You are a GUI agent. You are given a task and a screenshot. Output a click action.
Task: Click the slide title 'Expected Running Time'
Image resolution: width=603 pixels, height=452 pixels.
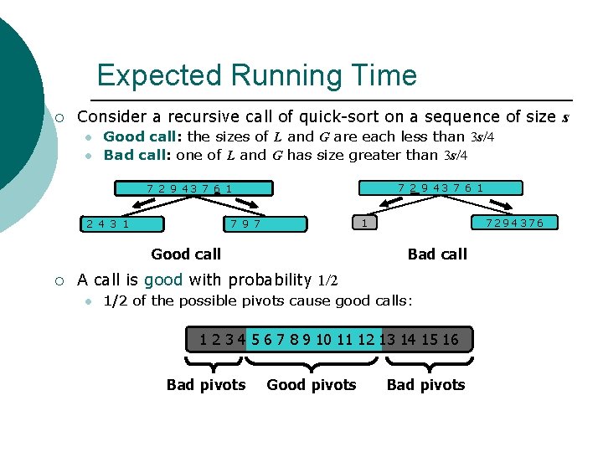(x=256, y=75)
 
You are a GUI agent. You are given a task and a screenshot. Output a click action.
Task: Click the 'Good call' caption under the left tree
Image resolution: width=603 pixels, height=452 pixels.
(x=186, y=254)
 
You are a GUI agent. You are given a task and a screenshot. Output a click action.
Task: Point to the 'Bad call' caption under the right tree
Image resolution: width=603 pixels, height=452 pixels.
(x=437, y=254)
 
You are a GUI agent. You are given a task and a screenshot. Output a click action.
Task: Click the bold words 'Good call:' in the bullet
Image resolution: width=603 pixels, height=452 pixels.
(x=143, y=136)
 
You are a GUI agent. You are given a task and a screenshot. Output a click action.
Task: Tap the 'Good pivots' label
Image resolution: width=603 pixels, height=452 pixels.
(x=312, y=385)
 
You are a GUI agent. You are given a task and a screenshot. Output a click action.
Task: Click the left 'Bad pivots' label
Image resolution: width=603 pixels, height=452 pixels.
(x=206, y=385)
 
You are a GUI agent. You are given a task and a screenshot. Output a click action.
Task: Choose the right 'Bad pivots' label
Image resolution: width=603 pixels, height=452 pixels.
(x=425, y=385)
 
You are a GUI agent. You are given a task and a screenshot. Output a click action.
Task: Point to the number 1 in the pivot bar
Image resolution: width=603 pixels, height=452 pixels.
(x=204, y=339)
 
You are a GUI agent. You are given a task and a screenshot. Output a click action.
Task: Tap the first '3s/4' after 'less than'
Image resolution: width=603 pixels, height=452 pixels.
(x=488, y=136)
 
